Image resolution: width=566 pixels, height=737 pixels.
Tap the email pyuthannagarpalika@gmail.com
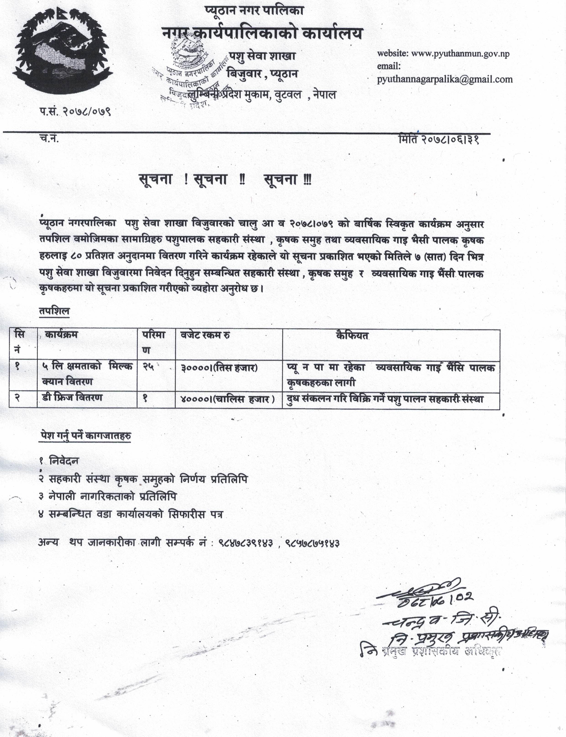click(445, 79)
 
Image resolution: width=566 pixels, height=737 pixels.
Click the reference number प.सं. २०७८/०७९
click(75, 111)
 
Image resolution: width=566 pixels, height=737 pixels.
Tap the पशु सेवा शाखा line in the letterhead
click(262, 56)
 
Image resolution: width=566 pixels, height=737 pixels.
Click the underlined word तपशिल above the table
click(54, 312)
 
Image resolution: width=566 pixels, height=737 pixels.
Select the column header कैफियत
click(352, 336)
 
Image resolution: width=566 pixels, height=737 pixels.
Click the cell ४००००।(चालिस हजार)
click(228, 399)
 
